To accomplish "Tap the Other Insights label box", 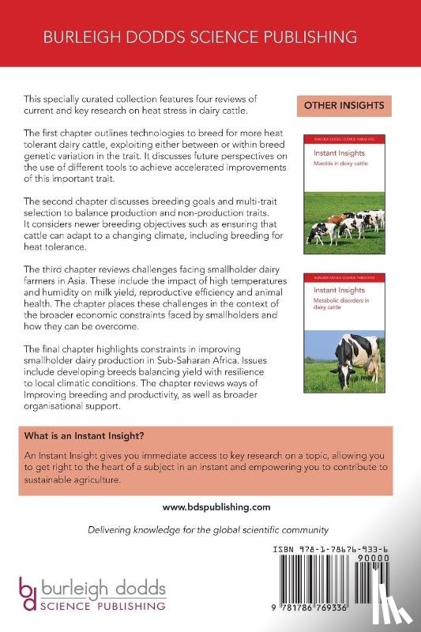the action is pos(344,105).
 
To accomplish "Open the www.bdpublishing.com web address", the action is pos(210,507).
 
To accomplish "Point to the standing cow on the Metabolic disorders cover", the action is pos(355,356).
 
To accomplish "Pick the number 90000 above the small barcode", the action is pos(389,557).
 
